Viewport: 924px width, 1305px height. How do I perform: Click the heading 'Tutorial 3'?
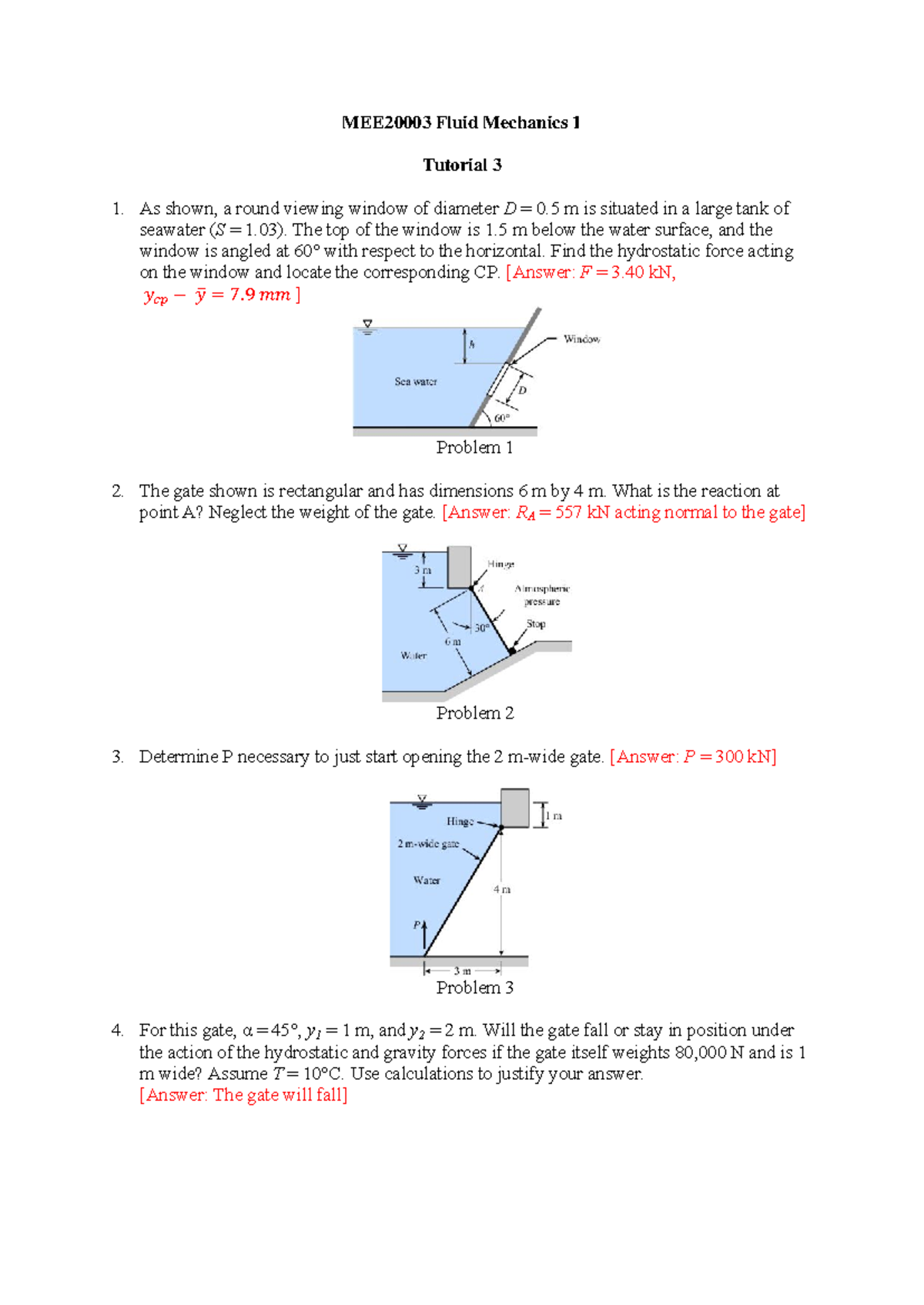[x=462, y=165]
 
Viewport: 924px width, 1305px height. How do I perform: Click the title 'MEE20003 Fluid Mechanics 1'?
[x=460, y=122]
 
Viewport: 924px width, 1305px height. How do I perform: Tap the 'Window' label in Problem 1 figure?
[x=581, y=339]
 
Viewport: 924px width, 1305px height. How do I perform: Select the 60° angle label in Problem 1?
[x=501, y=419]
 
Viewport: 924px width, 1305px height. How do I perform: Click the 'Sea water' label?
[x=416, y=382]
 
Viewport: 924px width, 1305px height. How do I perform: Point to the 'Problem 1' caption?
[x=474, y=448]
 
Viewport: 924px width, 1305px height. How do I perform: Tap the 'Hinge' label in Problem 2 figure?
[x=500, y=565]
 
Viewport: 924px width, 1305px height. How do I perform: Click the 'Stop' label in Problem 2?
[x=536, y=624]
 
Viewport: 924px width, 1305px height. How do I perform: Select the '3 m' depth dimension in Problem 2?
[x=423, y=571]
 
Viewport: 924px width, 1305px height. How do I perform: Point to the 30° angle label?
[x=481, y=628]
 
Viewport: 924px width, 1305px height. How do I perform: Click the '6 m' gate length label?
[x=453, y=641]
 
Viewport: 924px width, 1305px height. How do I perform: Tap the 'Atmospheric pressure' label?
[x=542, y=595]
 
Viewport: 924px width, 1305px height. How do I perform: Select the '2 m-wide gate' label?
[x=428, y=844]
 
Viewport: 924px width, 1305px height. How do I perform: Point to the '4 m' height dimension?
[x=502, y=889]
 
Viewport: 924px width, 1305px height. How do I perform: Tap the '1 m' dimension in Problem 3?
[x=554, y=816]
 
